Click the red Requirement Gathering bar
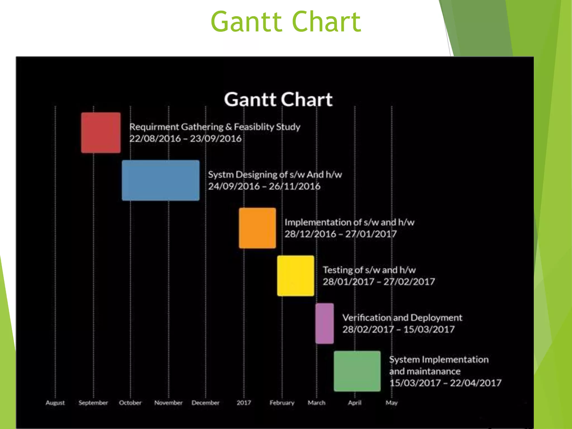tap(101, 133)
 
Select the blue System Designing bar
tap(161, 180)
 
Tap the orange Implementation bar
tap(257, 228)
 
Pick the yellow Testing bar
tap(295, 276)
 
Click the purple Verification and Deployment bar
tap(325, 323)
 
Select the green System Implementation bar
tap(357, 371)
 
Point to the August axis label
tap(55, 403)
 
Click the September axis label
tap(93, 403)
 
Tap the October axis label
tap(130, 403)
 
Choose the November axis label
tap(168, 403)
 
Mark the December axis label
tap(206, 403)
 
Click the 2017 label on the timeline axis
tap(244, 403)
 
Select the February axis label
tap(282, 403)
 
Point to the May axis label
tap(392, 403)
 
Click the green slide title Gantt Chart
tap(286, 22)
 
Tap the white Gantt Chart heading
tap(278, 99)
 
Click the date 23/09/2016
tap(216, 139)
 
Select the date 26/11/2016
tap(294, 186)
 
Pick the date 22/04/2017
tap(476, 383)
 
